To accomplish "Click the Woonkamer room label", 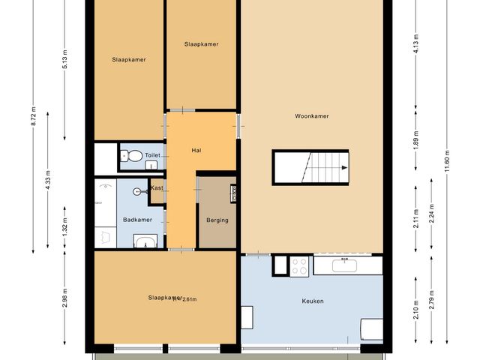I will (x=312, y=116).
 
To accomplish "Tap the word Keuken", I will (x=312, y=301).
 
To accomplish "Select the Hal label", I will (x=196, y=151).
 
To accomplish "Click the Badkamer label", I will (x=137, y=220).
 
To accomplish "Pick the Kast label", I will (x=157, y=187).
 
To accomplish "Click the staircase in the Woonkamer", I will (x=310, y=166).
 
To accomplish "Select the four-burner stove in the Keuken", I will (x=300, y=265).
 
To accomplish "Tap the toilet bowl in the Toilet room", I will (x=133, y=156).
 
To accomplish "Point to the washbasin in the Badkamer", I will (x=145, y=241).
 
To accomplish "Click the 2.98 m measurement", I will (x=65, y=298).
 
